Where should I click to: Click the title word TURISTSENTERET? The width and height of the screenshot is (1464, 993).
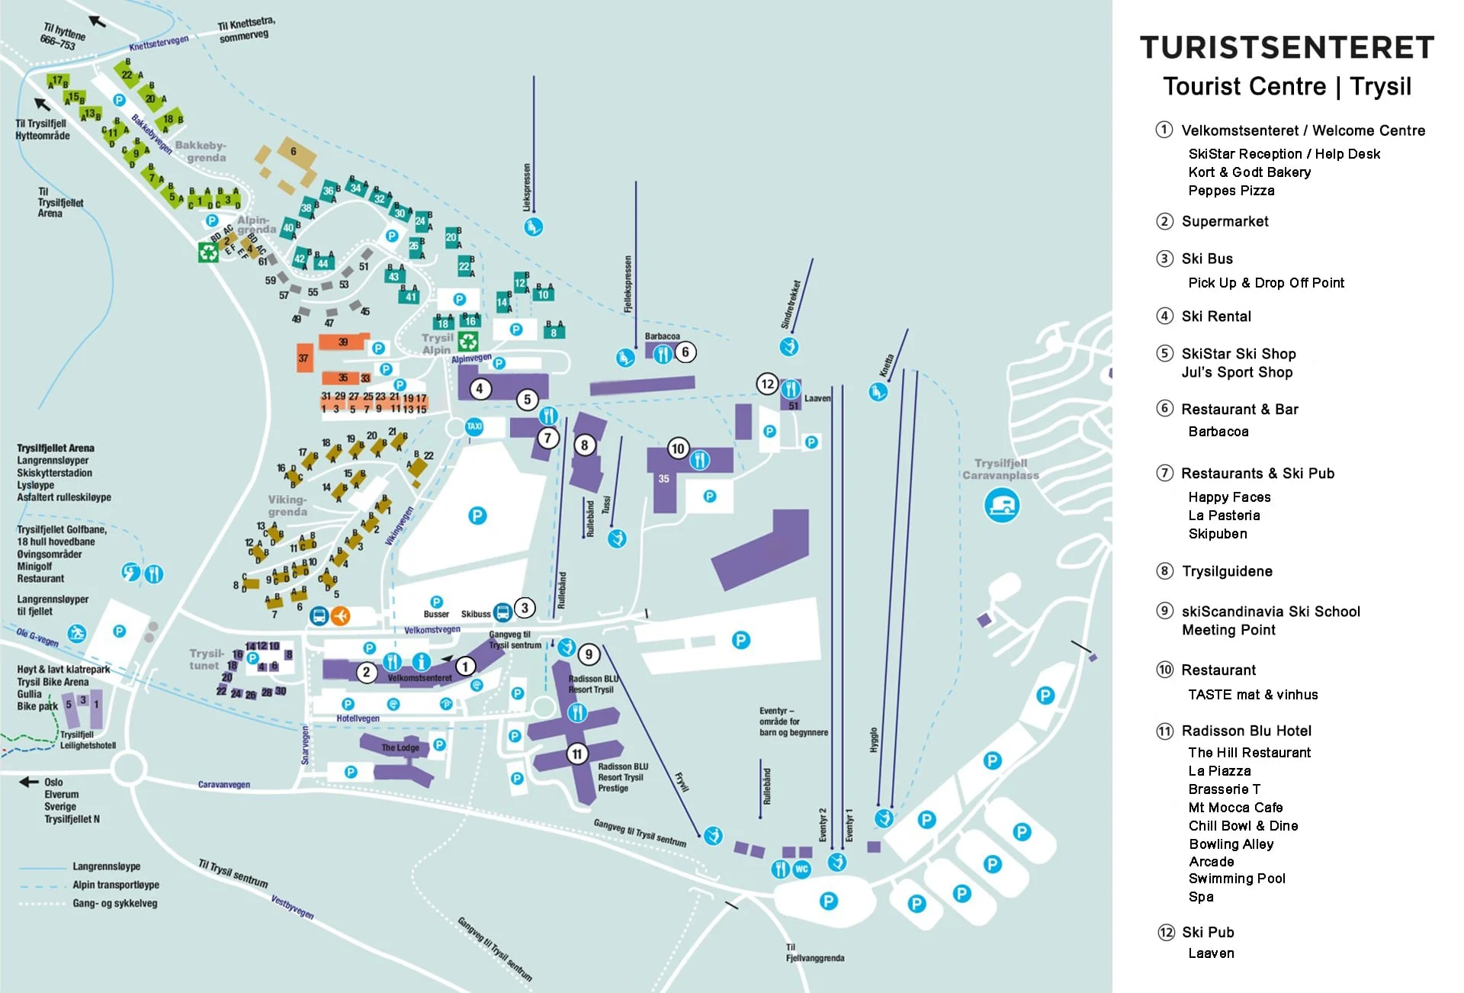pyautogui.click(x=1286, y=47)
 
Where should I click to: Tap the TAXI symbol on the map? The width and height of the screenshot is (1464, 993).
pyautogui.click(x=474, y=426)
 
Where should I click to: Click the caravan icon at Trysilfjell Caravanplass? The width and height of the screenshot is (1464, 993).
pyautogui.click(x=1002, y=505)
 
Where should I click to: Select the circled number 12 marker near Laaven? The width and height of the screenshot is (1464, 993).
pyautogui.click(x=767, y=384)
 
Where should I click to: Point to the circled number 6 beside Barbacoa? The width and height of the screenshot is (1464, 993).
pyautogui.click(x=685, y=352)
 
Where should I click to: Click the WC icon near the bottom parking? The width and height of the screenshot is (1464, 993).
pyautogui.click(x=801, y=869)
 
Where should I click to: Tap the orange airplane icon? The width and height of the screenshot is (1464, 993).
pyautogui.click(x=341, y=615)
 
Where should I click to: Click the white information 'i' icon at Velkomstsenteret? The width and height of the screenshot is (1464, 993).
pyautogui.click(x=422, y=661)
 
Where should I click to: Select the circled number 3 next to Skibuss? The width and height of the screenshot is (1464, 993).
pyautogui.click(x=525, y=608)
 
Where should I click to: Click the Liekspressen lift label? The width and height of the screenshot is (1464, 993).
pyautogui.click(x=526, y=187)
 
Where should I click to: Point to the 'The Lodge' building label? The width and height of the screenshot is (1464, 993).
pyautogui.click(x=400, y=747)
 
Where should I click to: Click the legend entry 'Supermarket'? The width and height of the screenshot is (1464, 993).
pyautogui.click(x=1225, y=221)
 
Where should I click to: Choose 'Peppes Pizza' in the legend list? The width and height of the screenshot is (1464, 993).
pyautogui.click(x=1231, y=191)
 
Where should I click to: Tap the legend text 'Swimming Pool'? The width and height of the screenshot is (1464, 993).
pyautogui.click(x=1237, y=879)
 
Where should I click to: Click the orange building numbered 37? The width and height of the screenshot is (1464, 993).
pyautogui.click(x=304, y=358)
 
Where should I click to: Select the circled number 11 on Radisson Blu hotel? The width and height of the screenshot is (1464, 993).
pyautogui.click(x=576, y=754)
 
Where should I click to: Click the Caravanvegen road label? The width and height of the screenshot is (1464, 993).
pyautogui.click(x=224, y=784)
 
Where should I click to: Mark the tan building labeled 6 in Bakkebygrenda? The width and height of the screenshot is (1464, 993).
pyautogui.click(x=293, y=152)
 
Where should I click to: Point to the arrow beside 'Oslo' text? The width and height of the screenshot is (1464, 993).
pyautogui.click(x=29, y=782)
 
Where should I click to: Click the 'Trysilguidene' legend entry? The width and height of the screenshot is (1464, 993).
pyautogui.click(x=1227, y=571)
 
